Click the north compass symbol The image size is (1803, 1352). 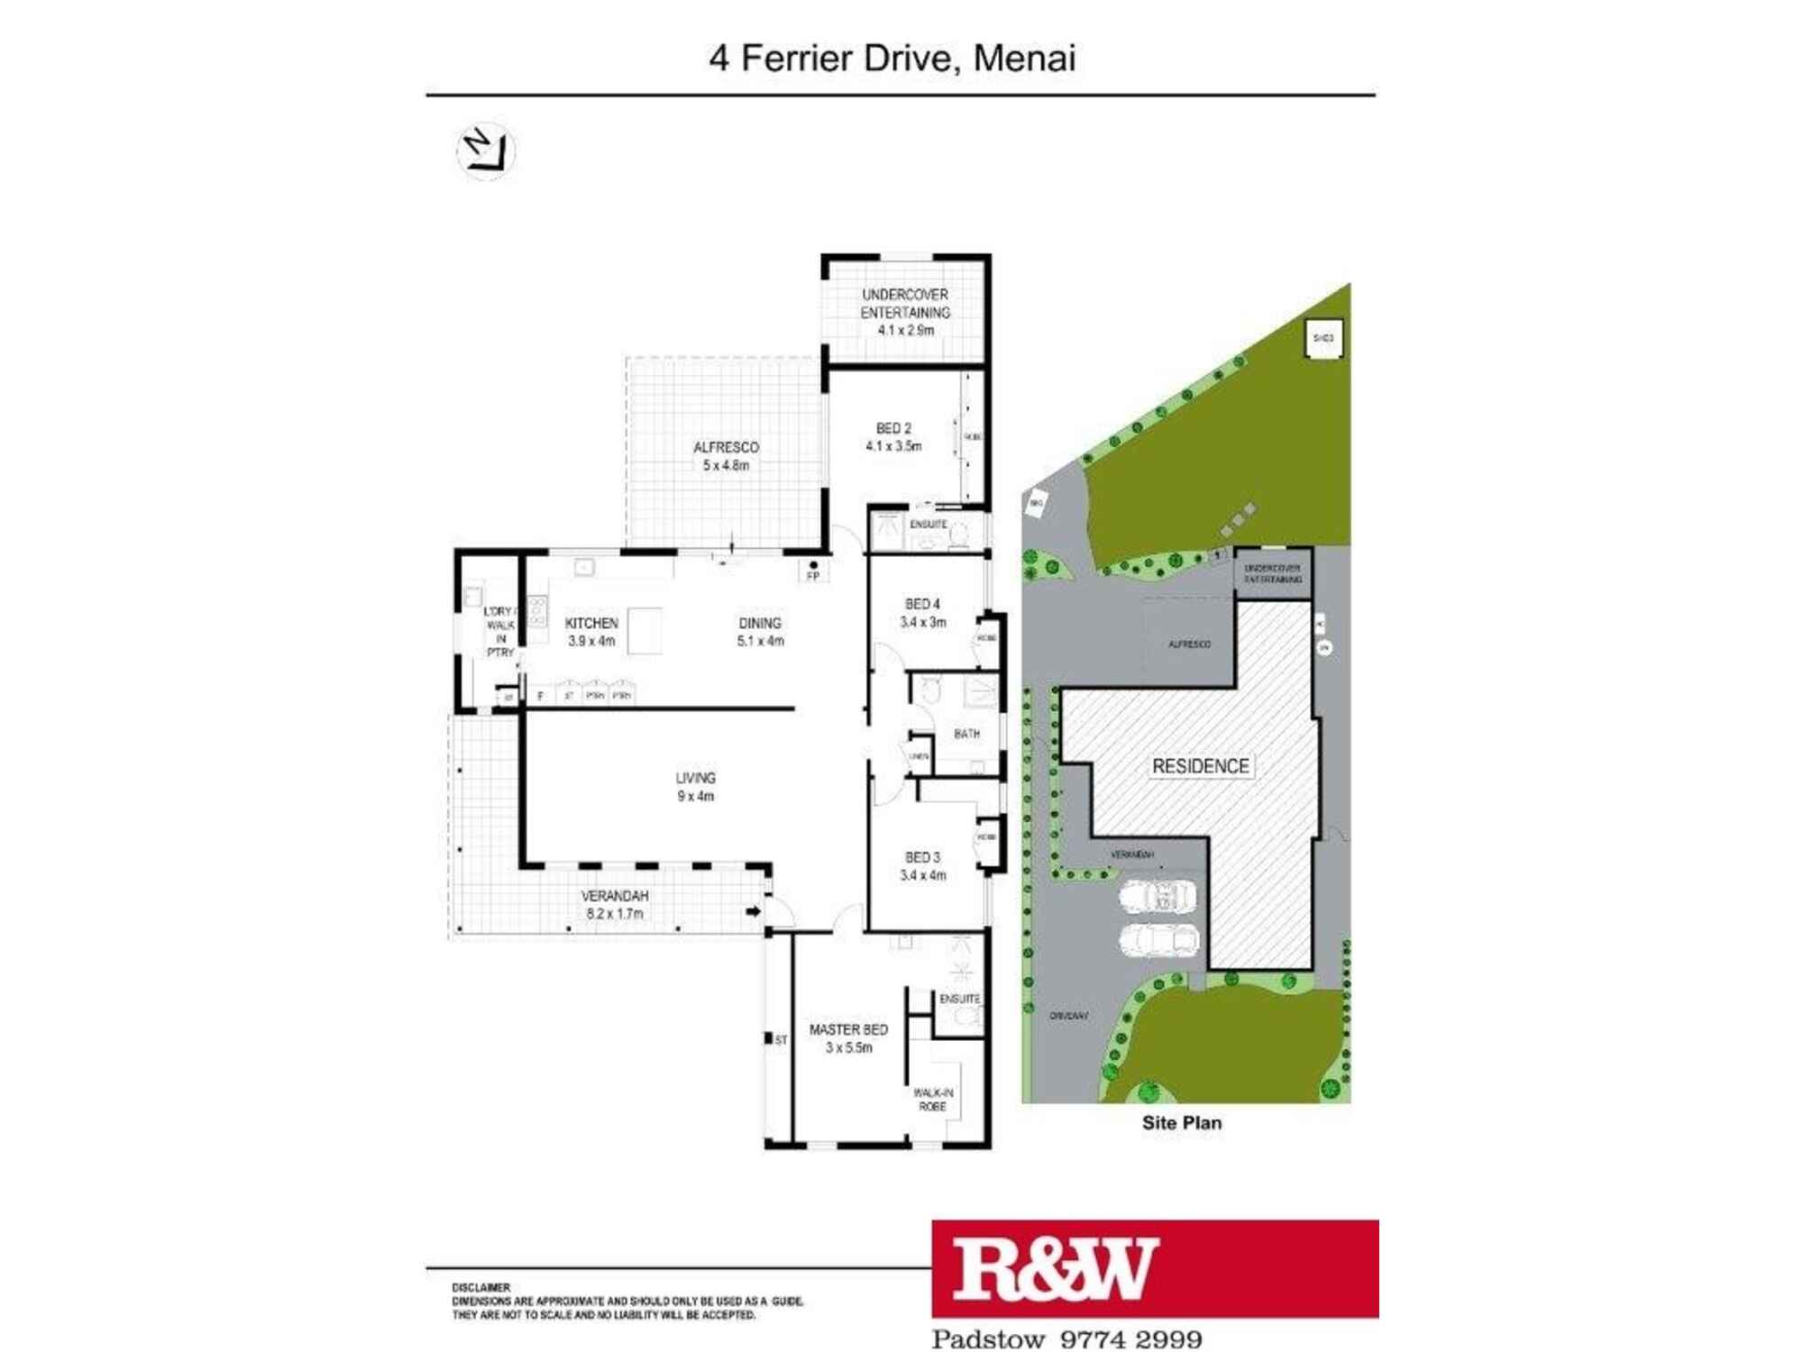click(486, 151)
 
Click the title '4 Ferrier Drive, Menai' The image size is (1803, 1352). click(892, 59)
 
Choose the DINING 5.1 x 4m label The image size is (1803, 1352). click(760, 632)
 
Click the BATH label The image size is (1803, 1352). click(966, 734)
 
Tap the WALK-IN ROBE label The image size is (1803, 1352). click(933, 1100)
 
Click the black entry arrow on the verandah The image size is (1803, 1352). click(753, 911)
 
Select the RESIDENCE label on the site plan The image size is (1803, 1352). click(1200, 766)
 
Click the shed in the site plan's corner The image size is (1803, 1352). click(1323, 339)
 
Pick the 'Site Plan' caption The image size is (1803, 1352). click(1181, 1123)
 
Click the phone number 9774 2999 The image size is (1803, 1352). click(1131, 1339)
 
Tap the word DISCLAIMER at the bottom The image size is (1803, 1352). click(480, 1288)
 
